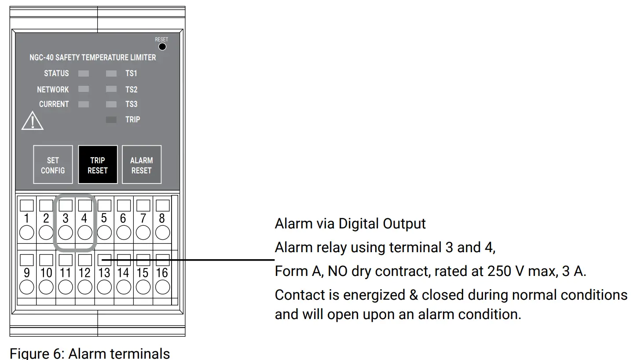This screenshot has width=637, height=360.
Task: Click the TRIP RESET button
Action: click(98, 165)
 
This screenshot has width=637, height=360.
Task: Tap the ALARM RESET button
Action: click(141, 165)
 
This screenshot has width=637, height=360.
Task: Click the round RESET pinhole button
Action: click(162, 46)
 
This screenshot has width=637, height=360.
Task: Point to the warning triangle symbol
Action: click(33, 121)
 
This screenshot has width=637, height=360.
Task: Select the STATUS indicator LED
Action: click(84, 73)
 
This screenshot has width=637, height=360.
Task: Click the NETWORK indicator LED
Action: click(84, 89)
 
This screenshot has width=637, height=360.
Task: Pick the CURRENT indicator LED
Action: click(84, 104)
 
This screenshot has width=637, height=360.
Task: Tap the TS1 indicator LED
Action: click(111, 73)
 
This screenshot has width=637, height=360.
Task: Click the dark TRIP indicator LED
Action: click(111, 119)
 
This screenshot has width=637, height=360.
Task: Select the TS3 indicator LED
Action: click(111, 104)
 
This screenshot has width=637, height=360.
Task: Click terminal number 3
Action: click(66, 218)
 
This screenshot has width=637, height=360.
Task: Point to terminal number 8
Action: click(162, 218)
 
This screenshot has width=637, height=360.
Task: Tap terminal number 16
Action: click(162, 273)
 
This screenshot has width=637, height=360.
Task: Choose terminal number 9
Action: click(27, 273)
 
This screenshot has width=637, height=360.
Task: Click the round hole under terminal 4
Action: click(84, 232)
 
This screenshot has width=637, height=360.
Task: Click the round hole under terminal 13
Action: click(104, 287)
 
